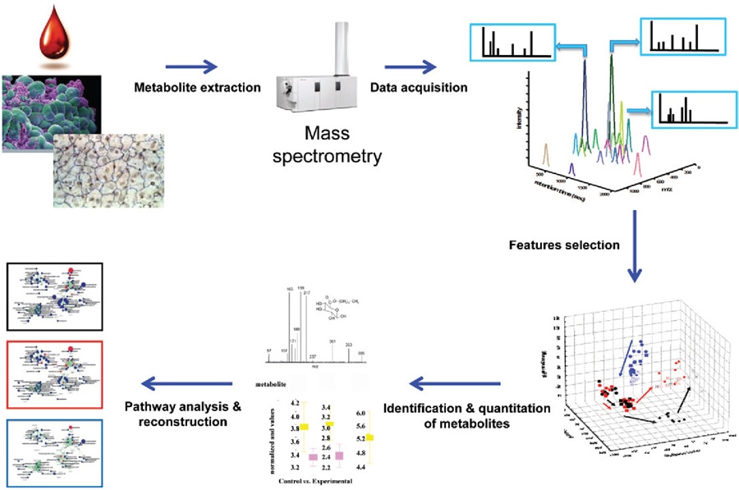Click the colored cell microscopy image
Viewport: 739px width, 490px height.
(51, 111)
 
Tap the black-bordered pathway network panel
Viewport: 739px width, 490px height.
(52, 295)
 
